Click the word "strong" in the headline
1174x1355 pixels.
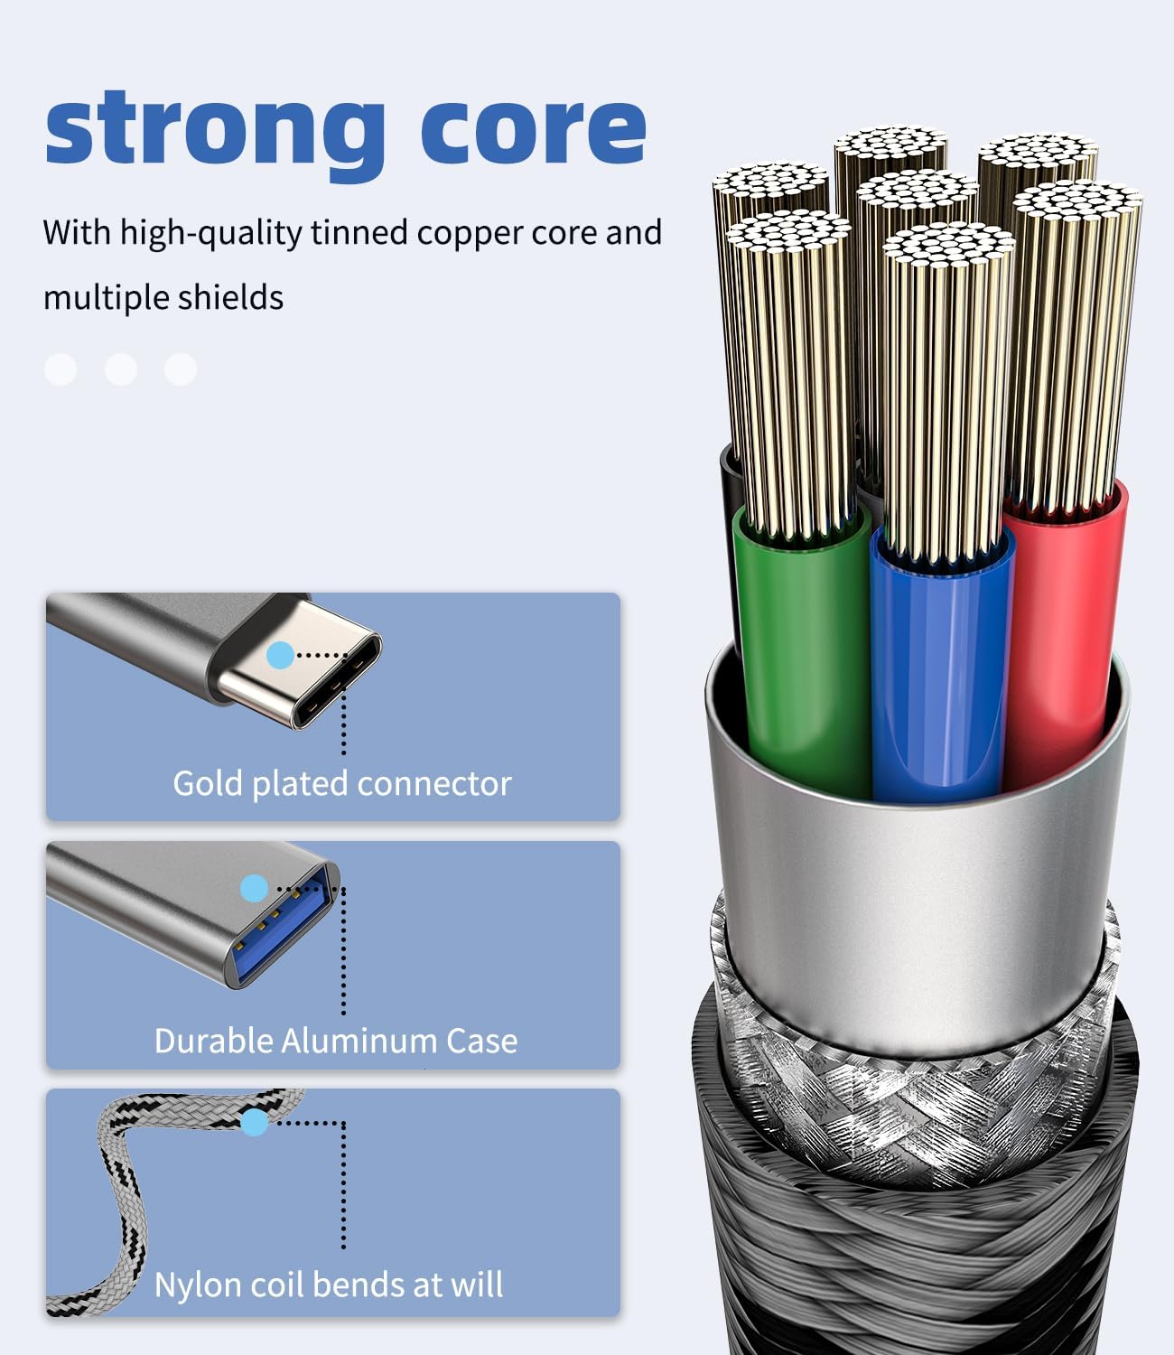pyautogui.click(x=215, y=135)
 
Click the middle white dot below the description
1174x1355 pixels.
pyautogui.click(x=121, y=369)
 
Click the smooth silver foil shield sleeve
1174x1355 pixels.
pyautogui.click(x=918, y=918)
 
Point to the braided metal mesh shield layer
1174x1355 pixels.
pyautogui.click(x=918, y=1115)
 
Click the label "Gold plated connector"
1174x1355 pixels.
pyautogui.click(x=342, y=784)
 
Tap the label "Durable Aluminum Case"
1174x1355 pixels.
pyautogui.click(x=336, y=1041)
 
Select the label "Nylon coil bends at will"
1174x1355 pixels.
pyautogui.click(x=329, y=1285)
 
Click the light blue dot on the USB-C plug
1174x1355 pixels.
pyautogui.click(x=281, y=655)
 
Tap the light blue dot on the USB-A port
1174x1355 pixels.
pyautogui.click(x=255, y=889)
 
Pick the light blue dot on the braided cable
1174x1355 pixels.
pyautogui.click(x=255, y=1123)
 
